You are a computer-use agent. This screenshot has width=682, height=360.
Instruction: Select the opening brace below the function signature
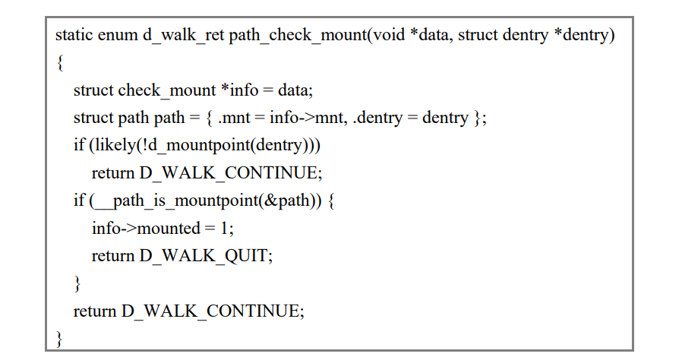click(x=60, y=63)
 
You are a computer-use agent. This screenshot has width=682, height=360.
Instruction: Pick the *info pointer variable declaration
click(x=239, y=90)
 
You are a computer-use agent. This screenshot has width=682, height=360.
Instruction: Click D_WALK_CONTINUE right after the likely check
click(x=231, y=173)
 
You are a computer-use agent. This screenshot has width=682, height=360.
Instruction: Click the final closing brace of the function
click(x=60, y=338)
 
